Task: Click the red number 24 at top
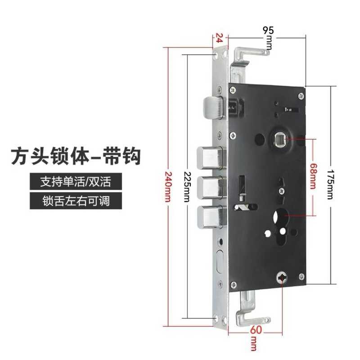(x=219, y=38)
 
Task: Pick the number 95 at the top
(x=268, y=31)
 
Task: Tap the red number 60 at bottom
(x=255, y=330)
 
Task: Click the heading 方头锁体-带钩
(x=76, y=156)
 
